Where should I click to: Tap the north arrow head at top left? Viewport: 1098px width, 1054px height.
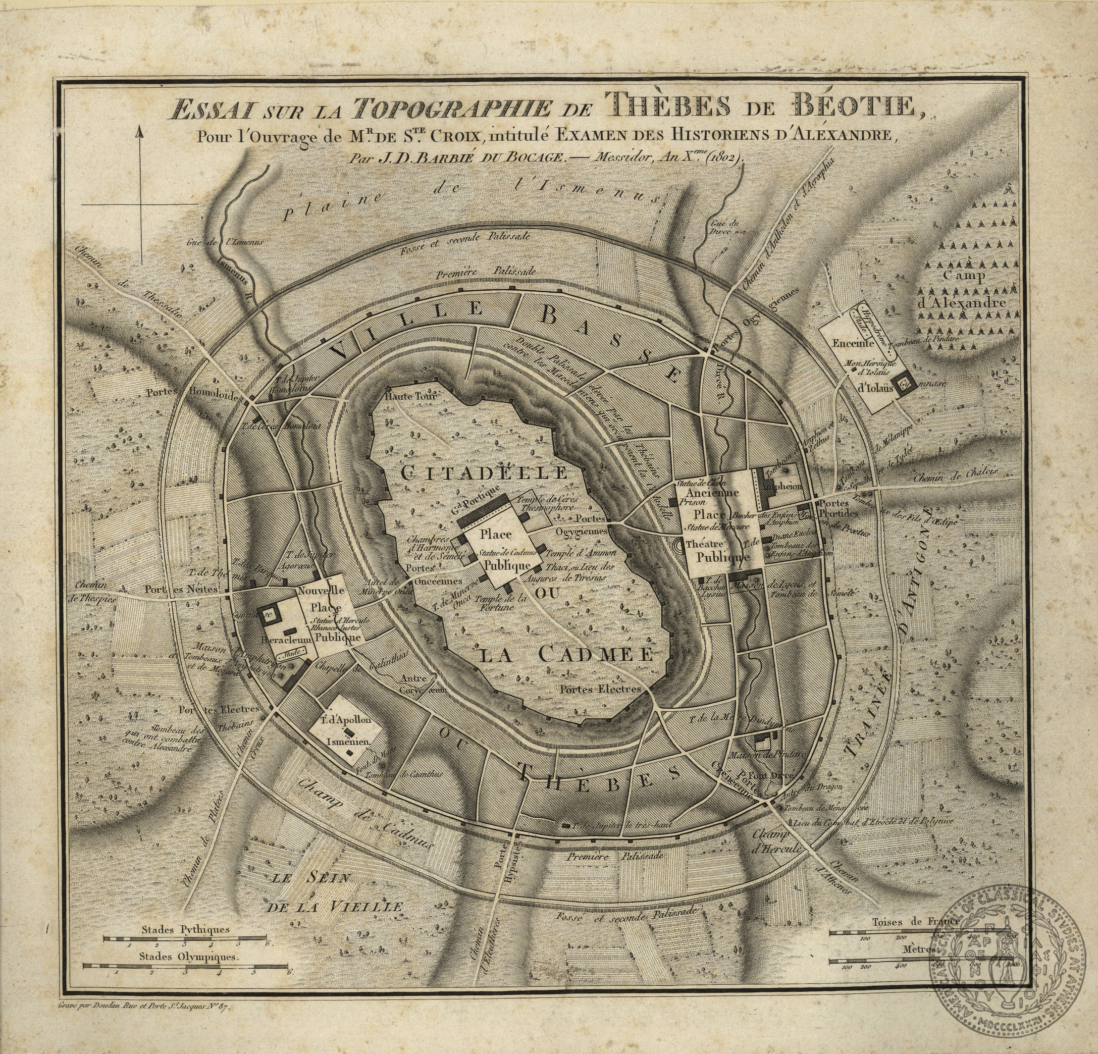[x=140, y=132]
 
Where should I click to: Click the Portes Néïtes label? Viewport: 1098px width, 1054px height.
[x=185, y=589]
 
